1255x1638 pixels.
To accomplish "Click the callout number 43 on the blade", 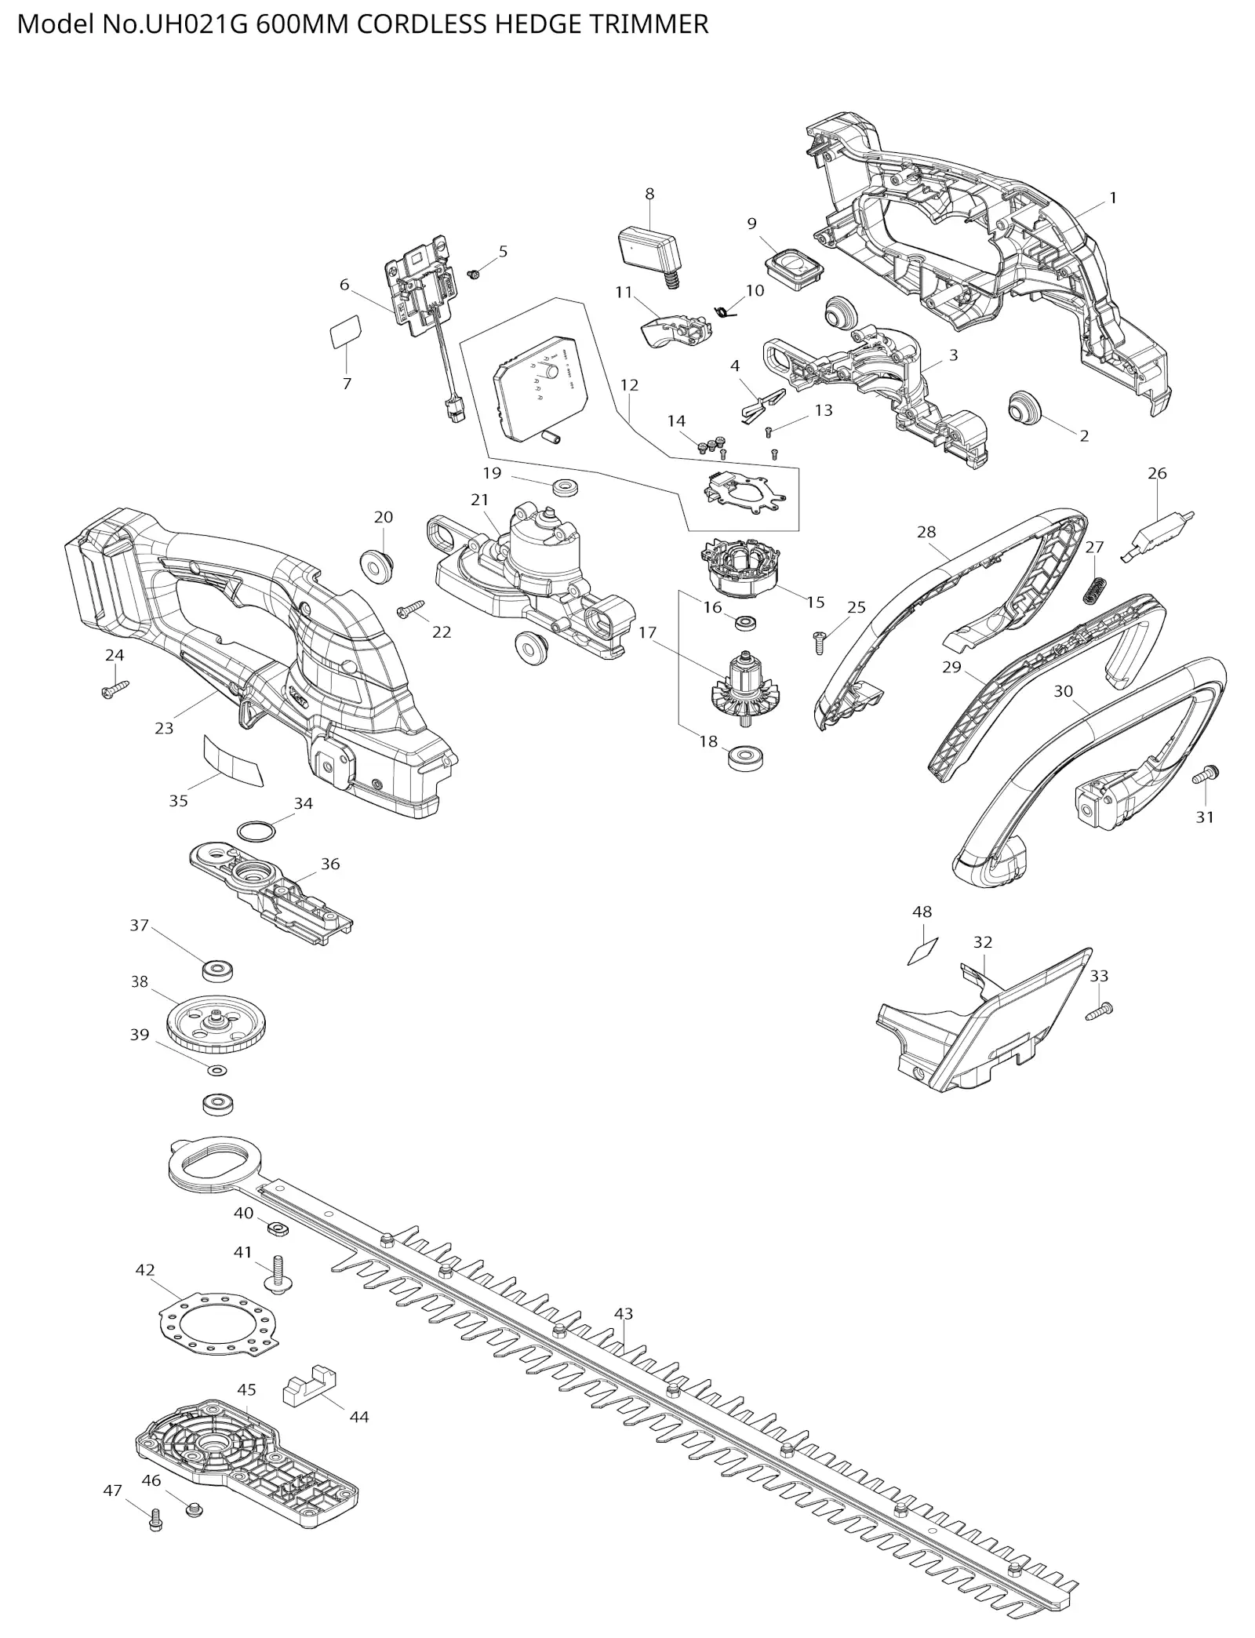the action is (624, 1313).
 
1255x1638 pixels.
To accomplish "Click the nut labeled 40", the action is (277, 1228).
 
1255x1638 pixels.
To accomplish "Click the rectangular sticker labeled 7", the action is (345, 333).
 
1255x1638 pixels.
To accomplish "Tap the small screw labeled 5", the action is (474, 274).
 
